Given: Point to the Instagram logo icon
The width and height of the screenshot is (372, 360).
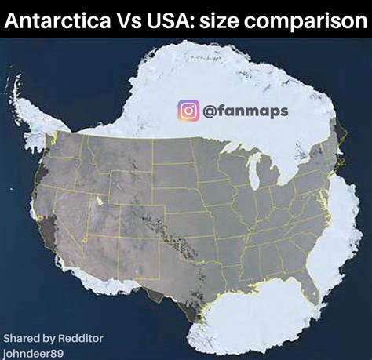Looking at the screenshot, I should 188,111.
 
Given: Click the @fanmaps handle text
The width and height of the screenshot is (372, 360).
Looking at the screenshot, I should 246,111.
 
